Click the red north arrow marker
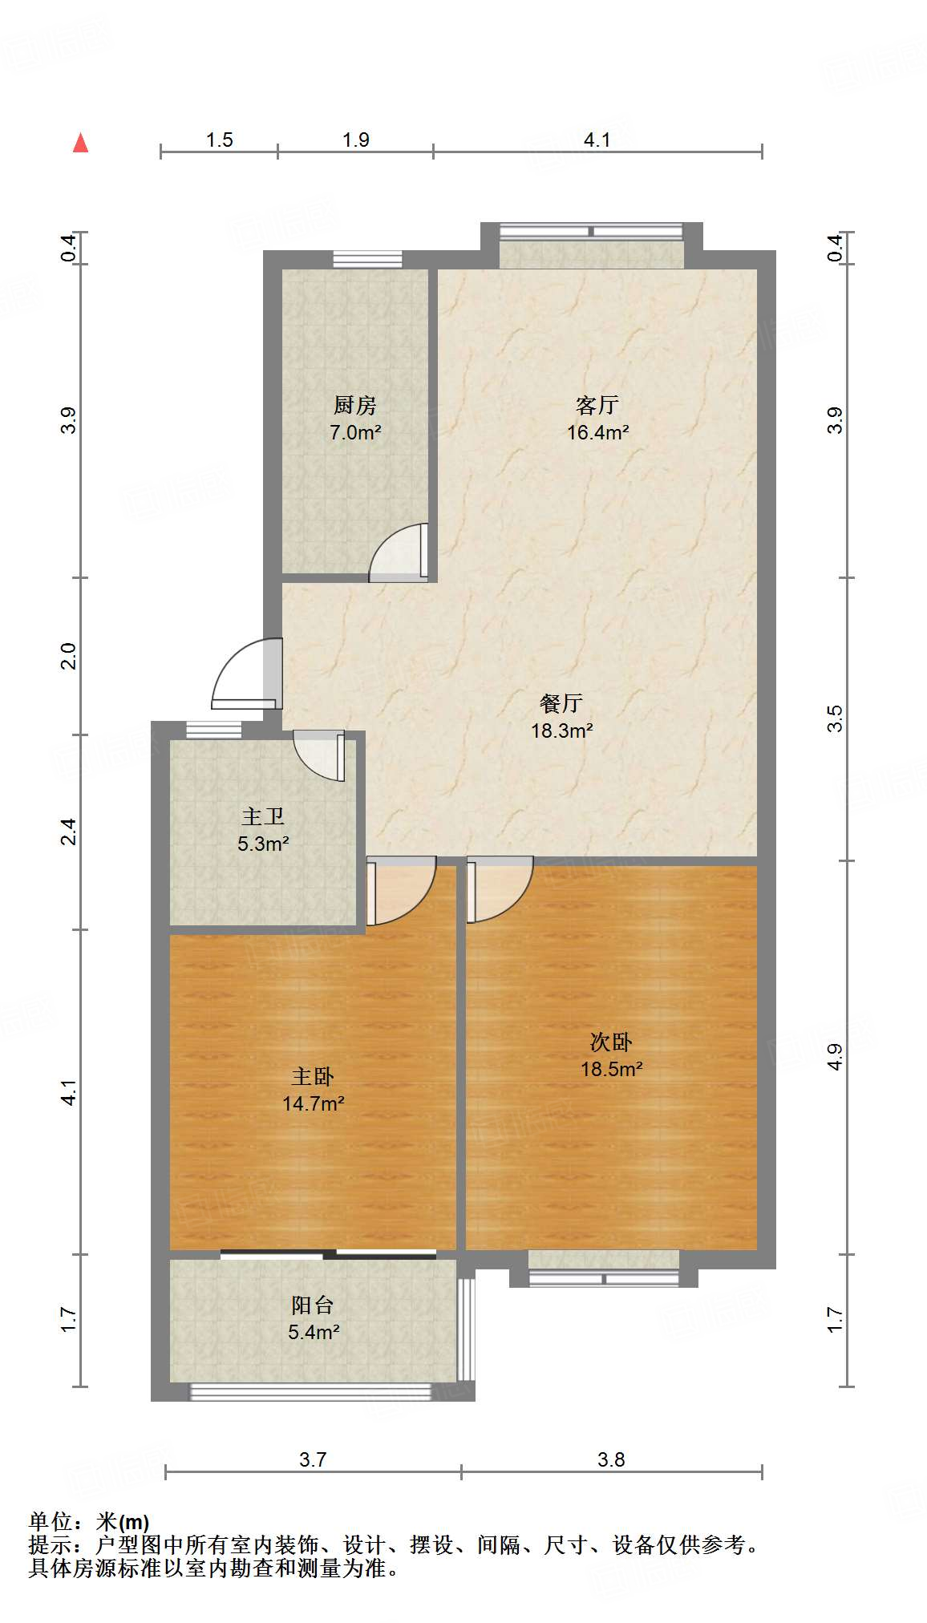(x=80, y=143)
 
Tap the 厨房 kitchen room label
(x=354, y=405)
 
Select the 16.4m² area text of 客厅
(x=597, y=433)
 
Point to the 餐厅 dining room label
(x=561, y=703)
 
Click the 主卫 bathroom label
(x=263, y=816)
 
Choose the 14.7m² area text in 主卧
(x=313, y=1103)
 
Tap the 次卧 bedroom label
(x=611, y=1042)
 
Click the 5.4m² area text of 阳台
(x=314, y=1332)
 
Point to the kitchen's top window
(x=367, y=258)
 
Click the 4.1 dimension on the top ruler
(x=597, y=140)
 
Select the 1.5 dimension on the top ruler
(x=219, y=140)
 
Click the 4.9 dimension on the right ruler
(x=835, y=1056)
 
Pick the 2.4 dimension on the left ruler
(x=70, y=831)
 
